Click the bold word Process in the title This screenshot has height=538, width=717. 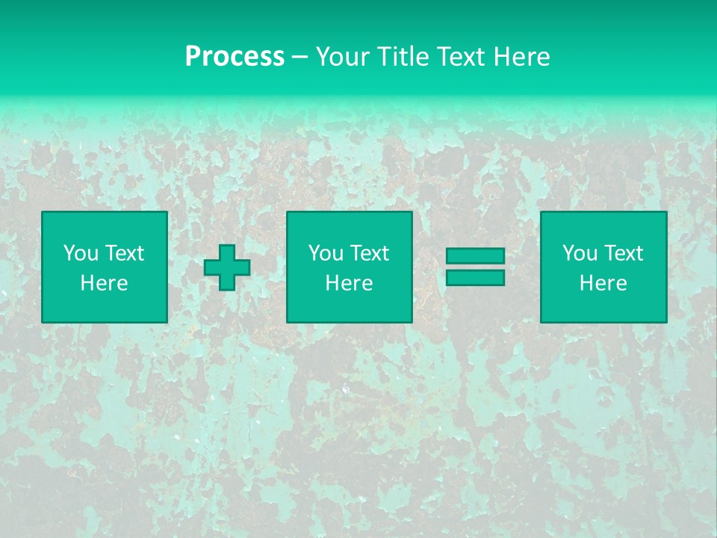coord(235,57)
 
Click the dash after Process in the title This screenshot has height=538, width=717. coord(299,57)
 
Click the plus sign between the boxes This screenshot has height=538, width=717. coord(227,268)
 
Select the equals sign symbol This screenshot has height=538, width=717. coord(475,267)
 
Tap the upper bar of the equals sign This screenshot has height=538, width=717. coord(475,256)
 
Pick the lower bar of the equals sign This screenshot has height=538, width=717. coord(475,277)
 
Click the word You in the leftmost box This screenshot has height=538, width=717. coord(81,253)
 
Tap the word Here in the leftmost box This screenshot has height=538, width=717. coord(105,283)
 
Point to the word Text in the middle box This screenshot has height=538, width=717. coord(369,253)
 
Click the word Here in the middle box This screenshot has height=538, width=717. coord(350,283)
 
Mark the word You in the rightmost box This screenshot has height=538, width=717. coord(580,253)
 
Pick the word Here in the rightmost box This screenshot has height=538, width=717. coord(603,283)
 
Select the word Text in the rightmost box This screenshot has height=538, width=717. coord(623,253)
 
